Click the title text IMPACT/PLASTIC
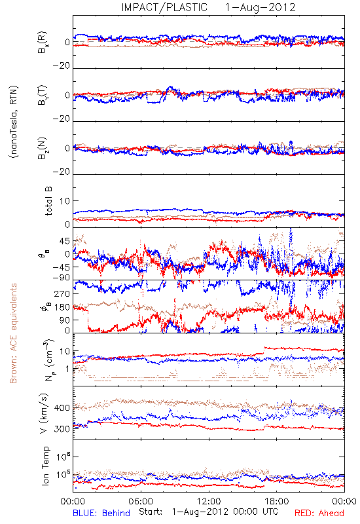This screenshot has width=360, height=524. click(164, 7)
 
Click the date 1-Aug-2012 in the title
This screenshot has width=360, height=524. click(261, 7)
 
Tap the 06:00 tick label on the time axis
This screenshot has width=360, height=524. click(141, 501)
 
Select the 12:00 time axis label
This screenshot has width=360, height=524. click(209, 501)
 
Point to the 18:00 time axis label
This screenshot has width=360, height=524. click(277, 501)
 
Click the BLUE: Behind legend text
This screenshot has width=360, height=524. click(101, 513)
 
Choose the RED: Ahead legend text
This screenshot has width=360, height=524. click(319, 513)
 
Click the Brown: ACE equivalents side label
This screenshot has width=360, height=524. click(13, 333)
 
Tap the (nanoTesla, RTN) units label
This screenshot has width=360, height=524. click(14, 122)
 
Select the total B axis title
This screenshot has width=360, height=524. click(48, 201)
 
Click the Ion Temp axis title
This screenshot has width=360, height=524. click(45, 466)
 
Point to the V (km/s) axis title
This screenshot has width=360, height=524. click(45, 414)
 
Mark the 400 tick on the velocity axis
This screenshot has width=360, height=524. click(62, 408)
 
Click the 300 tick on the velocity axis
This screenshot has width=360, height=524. click(62, 429)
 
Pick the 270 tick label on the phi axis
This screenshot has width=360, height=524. click(62, 293)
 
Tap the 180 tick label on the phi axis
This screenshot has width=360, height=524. click(62, 307)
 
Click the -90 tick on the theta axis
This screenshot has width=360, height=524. click(62, 278)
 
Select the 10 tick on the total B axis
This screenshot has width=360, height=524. click(65, 201)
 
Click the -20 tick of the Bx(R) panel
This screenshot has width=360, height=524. click(62, 66)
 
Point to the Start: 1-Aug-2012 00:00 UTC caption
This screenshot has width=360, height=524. click(209, 512)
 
